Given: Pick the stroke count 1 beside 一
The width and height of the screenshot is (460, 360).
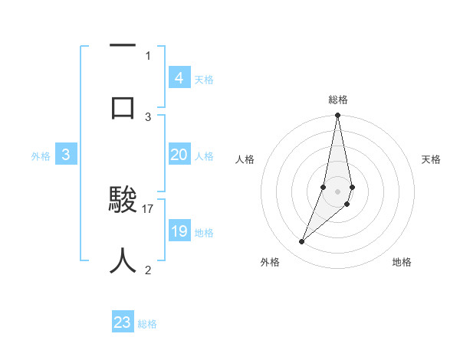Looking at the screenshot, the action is point(148,55).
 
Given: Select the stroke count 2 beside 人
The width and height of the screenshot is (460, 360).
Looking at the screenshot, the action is point(148,270).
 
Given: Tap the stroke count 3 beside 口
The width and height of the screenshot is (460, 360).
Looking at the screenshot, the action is point(148,116).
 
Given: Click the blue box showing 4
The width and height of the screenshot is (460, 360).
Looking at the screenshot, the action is point(179,77).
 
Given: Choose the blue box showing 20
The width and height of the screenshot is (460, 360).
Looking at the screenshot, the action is point(179,155).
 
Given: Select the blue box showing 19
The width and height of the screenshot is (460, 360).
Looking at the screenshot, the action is point(179,231).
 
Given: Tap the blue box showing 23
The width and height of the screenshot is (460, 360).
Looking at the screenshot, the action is point(123,322).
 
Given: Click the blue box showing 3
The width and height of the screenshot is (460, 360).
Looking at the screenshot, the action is point(66,155).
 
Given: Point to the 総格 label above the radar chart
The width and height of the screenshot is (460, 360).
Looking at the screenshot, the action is point(337,100).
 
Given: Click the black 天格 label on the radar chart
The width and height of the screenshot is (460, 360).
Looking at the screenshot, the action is point(431,159).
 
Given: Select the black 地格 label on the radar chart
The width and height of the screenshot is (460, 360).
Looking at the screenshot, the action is point(402,262).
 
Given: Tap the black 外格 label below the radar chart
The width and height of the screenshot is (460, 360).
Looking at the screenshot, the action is point(270,262).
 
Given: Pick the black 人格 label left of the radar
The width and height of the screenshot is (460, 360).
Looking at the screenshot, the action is point(245,159).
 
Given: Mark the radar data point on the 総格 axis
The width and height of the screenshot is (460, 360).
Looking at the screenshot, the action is point(337,116).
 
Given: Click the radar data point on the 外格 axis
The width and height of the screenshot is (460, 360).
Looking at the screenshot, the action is point(302,242).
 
